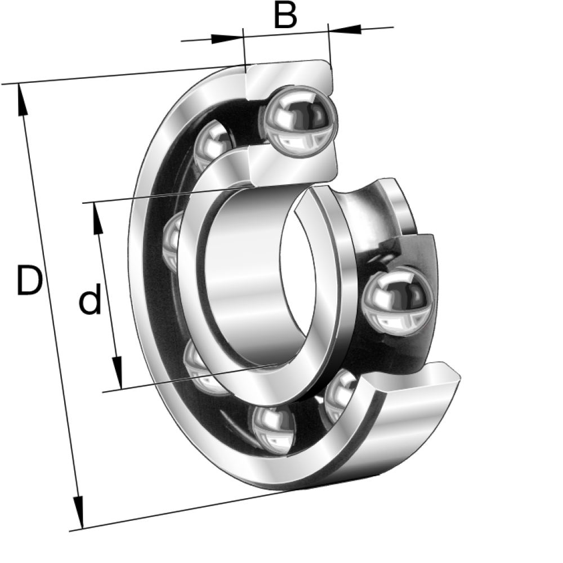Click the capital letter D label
click(x=29, y=280)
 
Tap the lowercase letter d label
click(x=90, y=298)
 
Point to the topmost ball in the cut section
click(x=298, y=121)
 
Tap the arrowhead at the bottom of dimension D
click(x=79, y=512)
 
